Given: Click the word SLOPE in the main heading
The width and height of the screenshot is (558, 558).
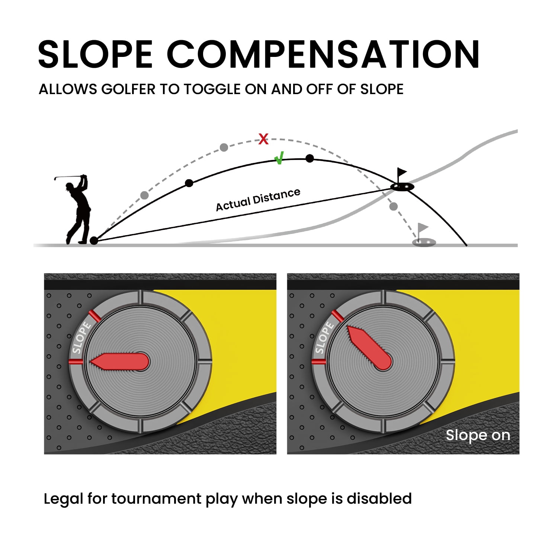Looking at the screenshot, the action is click(95, 54).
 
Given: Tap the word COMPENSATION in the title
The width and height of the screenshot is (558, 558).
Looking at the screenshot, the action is click(324, 54).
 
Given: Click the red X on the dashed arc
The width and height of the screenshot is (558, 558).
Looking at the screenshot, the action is click(263, 139).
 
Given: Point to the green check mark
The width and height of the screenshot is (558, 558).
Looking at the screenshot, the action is click(279, 158).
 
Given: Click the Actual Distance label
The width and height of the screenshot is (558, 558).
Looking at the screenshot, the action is click(258, 200).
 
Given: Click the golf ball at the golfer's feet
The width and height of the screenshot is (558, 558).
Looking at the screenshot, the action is click(94, 241).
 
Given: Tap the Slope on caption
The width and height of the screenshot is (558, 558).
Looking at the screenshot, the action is click(478, 435).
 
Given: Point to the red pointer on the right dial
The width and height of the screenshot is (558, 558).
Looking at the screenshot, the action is click(369, 348).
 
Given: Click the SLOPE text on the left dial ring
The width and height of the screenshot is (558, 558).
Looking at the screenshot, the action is click(81, 338).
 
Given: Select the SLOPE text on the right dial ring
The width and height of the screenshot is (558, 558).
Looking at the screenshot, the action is click(324, 338).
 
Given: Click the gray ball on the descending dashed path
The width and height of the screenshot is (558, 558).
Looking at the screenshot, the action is click(393, 206).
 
